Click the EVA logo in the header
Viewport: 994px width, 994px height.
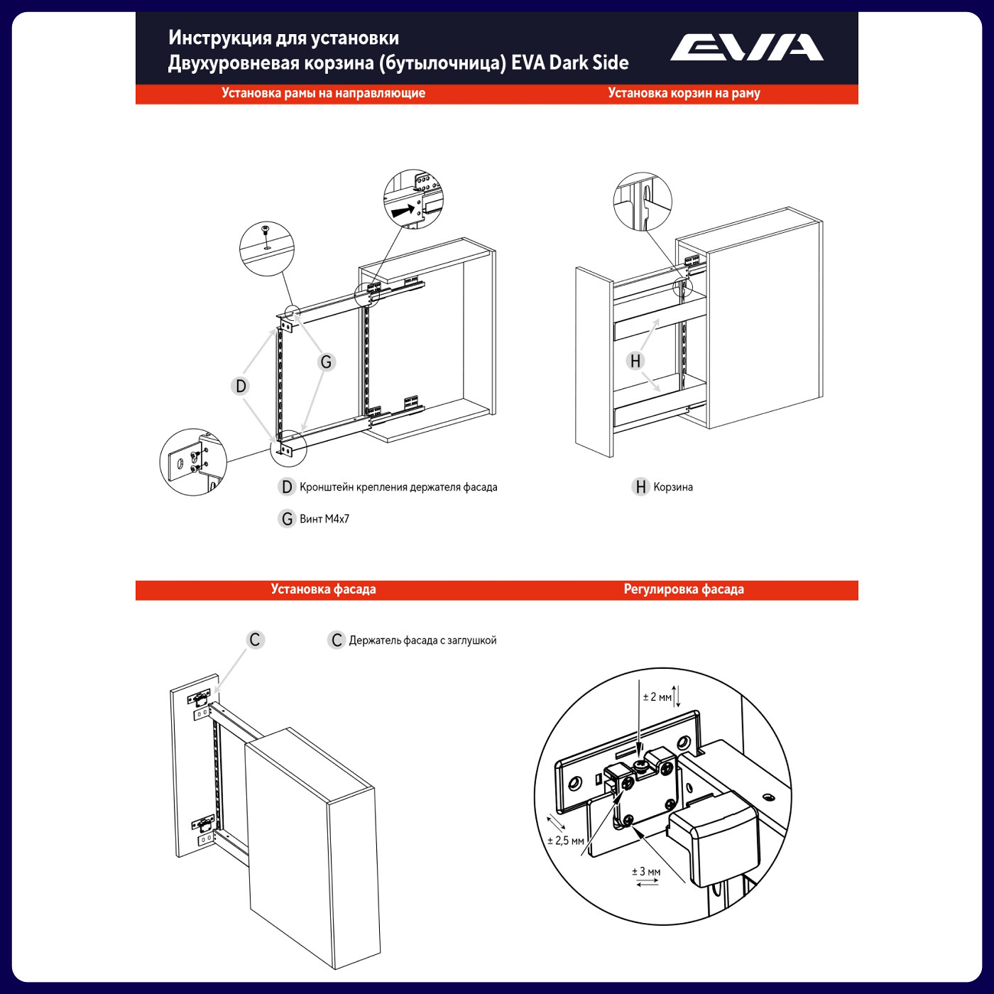click(746, 48)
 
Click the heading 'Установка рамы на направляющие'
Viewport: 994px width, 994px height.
click(323, 93)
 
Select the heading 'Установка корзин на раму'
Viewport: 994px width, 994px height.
click(684, 93)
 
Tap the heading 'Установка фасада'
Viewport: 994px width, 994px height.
click(323, 589)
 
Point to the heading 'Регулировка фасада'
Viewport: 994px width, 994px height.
click(684, 589)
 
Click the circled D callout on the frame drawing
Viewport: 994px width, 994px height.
click(241, 386)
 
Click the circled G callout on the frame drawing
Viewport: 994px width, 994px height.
click(326, 362)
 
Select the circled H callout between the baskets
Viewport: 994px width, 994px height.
click(635, 361)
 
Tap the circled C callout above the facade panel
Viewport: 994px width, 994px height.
click(255, 640)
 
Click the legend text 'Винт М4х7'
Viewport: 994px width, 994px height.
click(324, 519)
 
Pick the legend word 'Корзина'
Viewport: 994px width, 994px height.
click(673, 487)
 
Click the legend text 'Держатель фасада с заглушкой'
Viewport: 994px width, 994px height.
click(422, 640)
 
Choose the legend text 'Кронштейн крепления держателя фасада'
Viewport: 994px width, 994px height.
click(398, 487)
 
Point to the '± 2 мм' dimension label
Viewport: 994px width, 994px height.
click(657, 697)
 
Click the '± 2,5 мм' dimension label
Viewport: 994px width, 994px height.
click(566, 841)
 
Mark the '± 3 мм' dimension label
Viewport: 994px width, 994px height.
click(646, 872)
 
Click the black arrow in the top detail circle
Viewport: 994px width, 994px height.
click(403, 210)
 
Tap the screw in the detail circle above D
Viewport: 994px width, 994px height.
click(266, 231)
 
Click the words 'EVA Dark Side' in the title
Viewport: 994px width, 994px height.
click(569, 63)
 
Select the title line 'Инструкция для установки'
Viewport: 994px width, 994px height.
click(283, 38)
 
